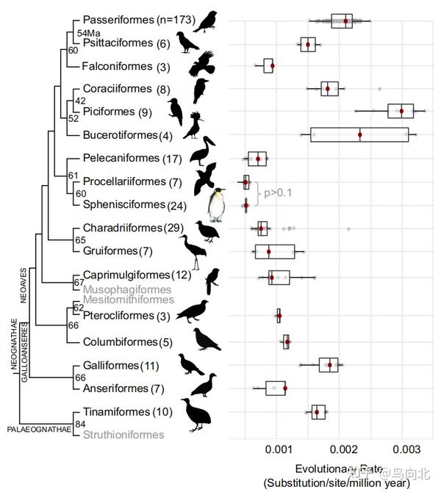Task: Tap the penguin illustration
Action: pyautogui.click(x=215, y=205)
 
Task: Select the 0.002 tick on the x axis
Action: pyautogui.click(x=343, y=448)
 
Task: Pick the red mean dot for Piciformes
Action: pyautogui.click(x=401, y=111)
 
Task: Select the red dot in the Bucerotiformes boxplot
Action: pyautogui.click(x=360, y=134)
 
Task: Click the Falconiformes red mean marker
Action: pyautogui.click(x=273, y=66)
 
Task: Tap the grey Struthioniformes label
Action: pyautogui.click(x=123, y=435)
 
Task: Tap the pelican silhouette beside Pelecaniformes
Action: pyautogui.click(x=201, y=151)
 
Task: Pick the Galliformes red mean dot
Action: pyautogui.click(x=330, y=365)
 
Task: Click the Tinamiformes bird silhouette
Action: pyautogui.click(x=196, y=414)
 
